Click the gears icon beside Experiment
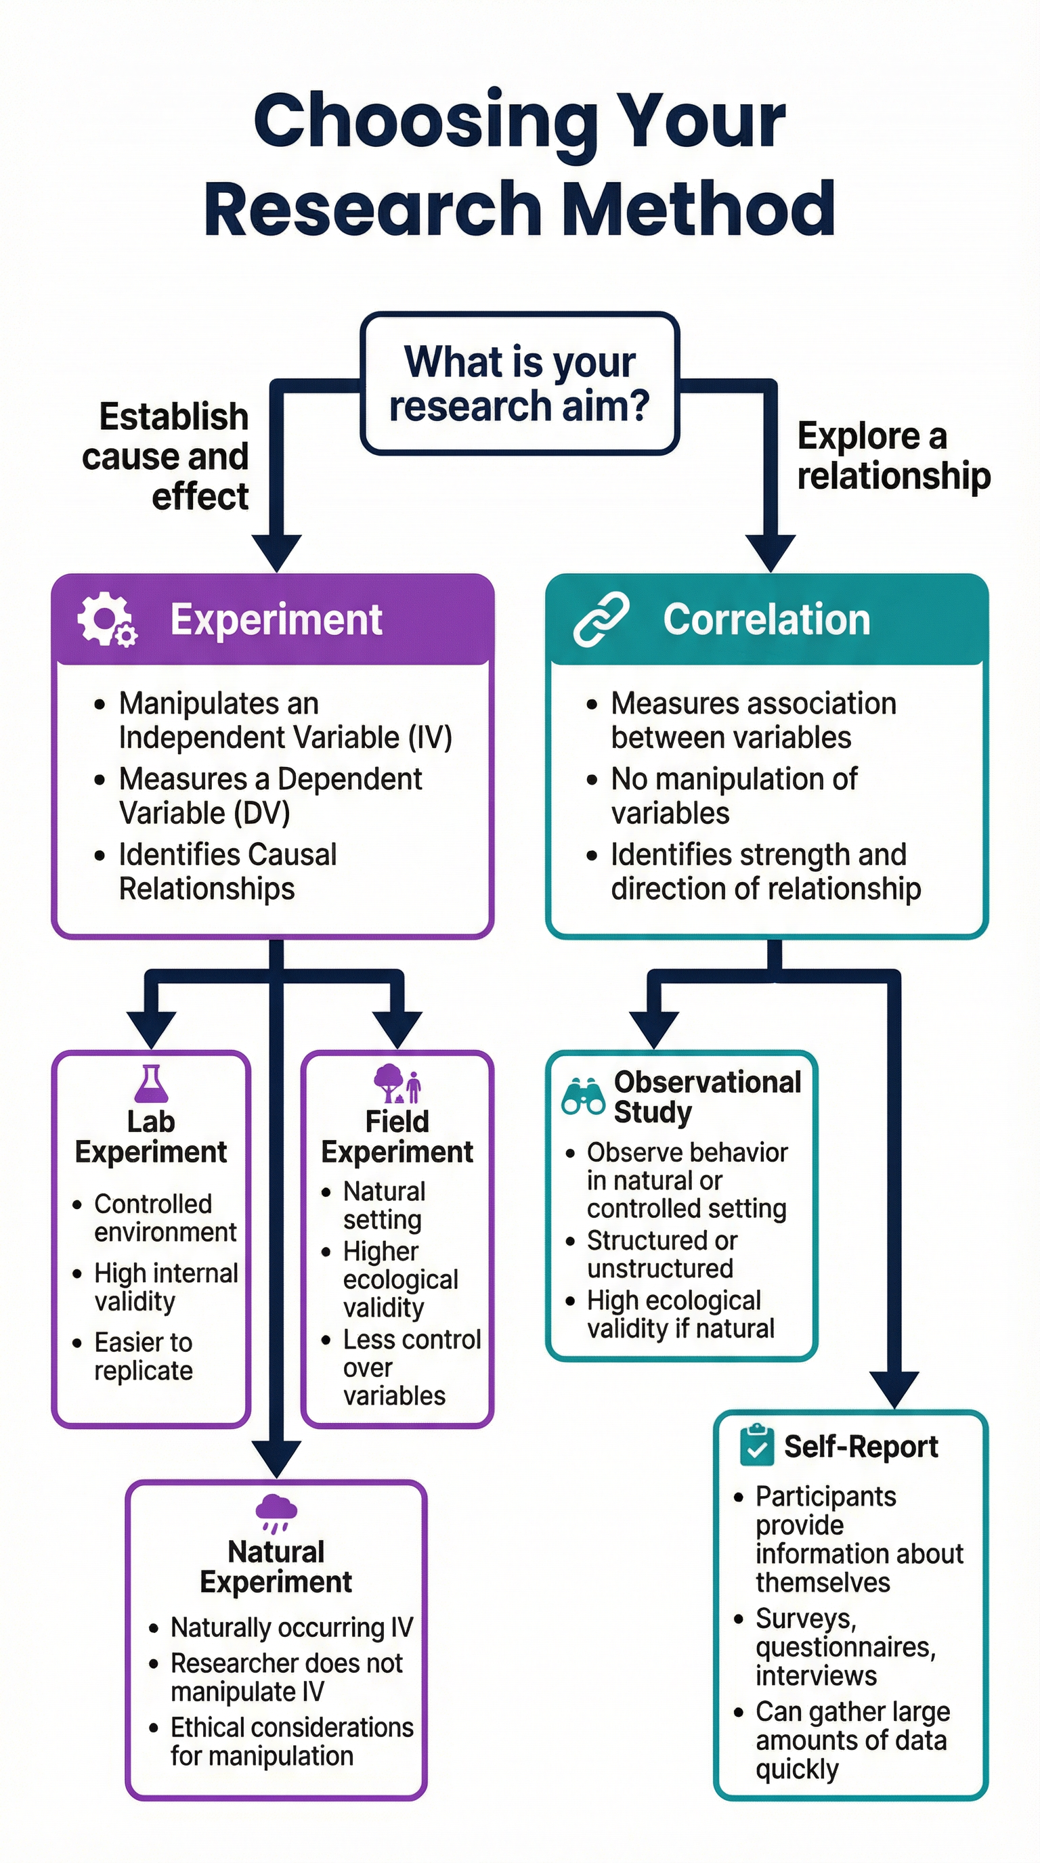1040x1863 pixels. click(x=106, y=620)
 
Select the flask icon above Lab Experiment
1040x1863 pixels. click(x=151, y=1084)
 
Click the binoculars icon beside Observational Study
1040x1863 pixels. click(x=583, y=1098)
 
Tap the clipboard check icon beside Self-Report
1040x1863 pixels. click(x=756, y=1445)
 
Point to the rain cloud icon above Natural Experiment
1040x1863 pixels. click(x=276, y=1512)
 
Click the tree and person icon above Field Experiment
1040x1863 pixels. click(x=397, y=1083)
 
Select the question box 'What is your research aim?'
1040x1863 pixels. click(x=519, y=383)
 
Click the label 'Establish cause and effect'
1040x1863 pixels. click(x=167, y=457)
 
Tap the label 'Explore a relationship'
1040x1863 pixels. click(x=892, y=456)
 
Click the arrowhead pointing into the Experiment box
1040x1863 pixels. click(x=276, y=553)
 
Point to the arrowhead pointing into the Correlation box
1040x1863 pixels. click(x=771, y=553)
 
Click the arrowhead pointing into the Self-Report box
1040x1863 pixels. click(x=894, y=1389)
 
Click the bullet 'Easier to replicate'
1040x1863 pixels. click(x=143, y=1357)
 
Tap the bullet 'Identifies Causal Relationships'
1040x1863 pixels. click(x=227, y=871)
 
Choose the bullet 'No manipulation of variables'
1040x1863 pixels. click(x=733, y=795)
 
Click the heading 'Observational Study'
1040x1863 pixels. click(x=707, y=1097)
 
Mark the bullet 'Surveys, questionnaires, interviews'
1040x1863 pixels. click(x=845, y=1647)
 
